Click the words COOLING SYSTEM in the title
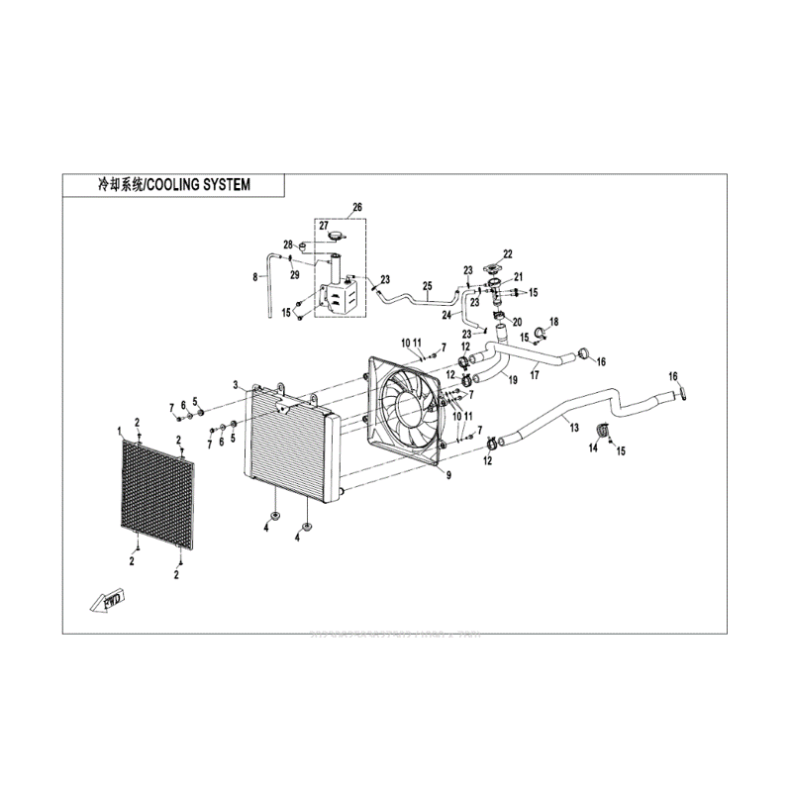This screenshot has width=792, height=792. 198,184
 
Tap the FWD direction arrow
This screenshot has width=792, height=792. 106,601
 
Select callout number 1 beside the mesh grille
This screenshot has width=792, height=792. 118,432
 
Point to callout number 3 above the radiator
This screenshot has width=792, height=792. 235,384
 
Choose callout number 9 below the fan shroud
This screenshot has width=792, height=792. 447,476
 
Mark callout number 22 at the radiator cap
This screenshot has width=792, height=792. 508,254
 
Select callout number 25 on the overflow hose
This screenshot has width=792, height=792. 427,287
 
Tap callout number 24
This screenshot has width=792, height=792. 445,315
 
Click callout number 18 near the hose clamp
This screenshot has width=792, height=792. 554,321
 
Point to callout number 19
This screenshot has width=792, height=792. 514,380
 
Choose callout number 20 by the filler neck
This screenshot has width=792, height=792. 517,322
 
